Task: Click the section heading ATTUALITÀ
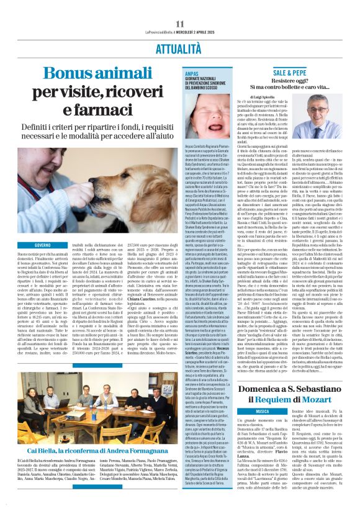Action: click(179, 46)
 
